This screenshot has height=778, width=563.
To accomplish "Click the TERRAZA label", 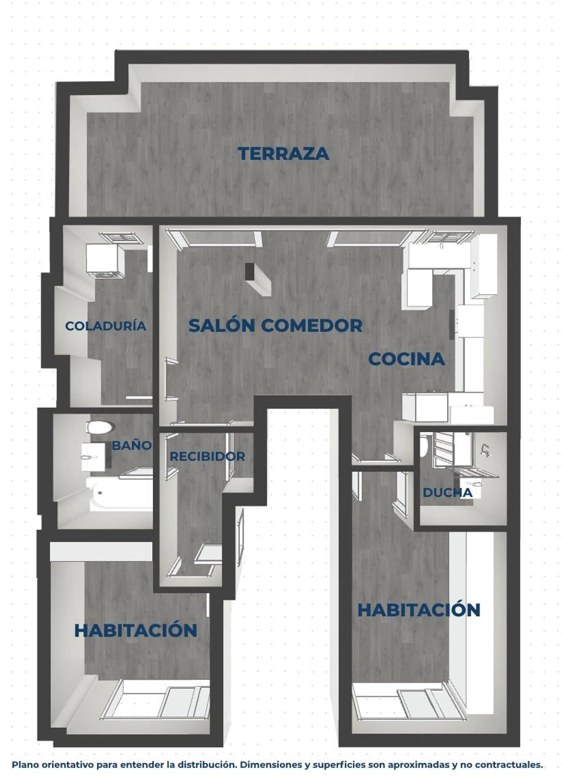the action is (x=283, y=153).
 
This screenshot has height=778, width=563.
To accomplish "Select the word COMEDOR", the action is (x=312, y=325).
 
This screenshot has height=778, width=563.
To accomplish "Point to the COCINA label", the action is (x=406, y=359).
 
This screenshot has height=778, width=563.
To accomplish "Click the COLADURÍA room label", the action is (x=105, y=325).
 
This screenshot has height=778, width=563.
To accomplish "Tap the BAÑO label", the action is (x=132, y=445).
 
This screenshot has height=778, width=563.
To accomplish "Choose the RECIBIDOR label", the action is (x=207, y=456).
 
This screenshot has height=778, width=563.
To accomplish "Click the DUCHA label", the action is (x=447, y=492).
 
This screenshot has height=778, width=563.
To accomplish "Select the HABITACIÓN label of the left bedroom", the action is (x=136, y=630).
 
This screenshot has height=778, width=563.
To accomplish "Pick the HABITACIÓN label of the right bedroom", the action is (x=419, y=610).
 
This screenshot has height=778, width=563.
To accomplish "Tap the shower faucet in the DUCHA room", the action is (x=485, y=450).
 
